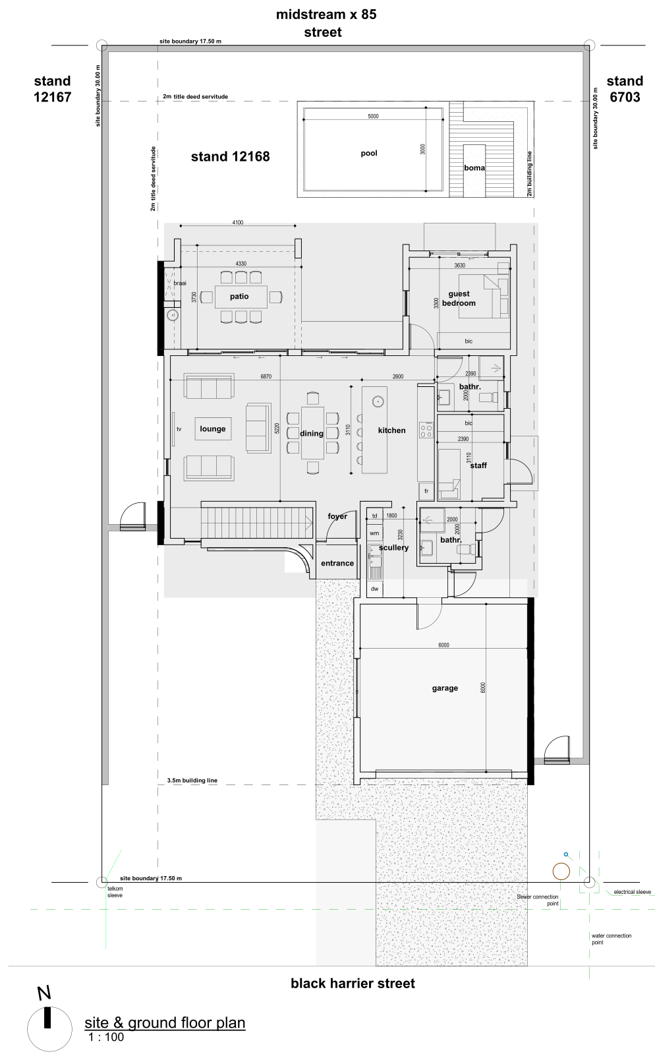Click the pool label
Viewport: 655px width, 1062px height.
(369, 153)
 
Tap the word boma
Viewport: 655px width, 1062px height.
(474, 168)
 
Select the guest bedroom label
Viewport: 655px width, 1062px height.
(459, 298)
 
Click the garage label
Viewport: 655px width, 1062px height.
(445, 688)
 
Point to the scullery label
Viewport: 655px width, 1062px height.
(393, 548)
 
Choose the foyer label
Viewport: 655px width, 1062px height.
(337, 516)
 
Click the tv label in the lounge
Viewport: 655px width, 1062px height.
(179, 429)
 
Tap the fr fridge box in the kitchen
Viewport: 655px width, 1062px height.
(426, 491)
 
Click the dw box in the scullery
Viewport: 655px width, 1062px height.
(374, 589)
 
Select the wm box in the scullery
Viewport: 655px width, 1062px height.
(374, 533)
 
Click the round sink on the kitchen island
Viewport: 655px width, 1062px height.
(378, 401)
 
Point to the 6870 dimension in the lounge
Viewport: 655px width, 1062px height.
(266, 376)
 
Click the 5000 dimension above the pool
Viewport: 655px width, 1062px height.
(373, 116)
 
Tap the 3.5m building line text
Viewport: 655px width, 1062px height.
(192, 781)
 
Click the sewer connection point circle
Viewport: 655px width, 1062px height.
(561, 871)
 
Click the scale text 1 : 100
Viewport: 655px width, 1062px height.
(106, 1037)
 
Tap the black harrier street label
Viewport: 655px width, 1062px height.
(353, 984)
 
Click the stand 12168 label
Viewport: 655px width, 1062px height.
(231, 156)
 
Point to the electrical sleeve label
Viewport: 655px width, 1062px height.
(632, 892)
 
